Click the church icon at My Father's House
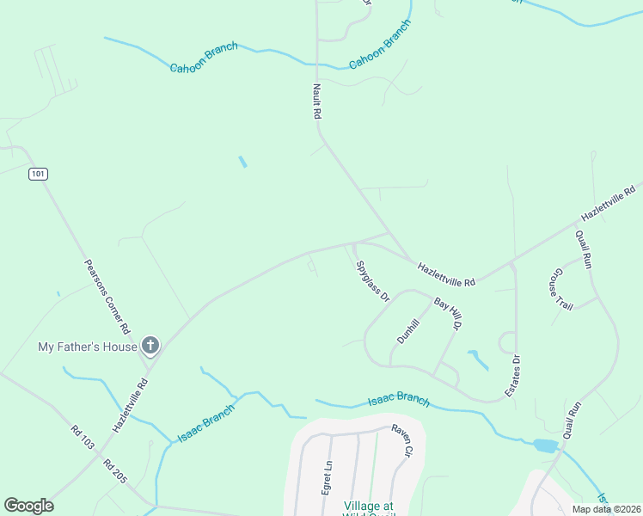coord(150,347)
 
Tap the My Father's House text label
coord(88,347)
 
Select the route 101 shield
coord(37,174)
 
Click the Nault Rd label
coord(315,101)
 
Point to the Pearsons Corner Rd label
coord(107,297)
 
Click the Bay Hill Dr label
coord(448,315)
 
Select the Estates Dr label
coord(516,375)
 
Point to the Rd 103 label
coord(83,439)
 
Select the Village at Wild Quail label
coord(369,508)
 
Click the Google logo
coord(28,506)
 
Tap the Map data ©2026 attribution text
coord(605,509)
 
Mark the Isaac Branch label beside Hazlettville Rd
coord(205,424)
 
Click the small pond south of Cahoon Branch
coord(242,162)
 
